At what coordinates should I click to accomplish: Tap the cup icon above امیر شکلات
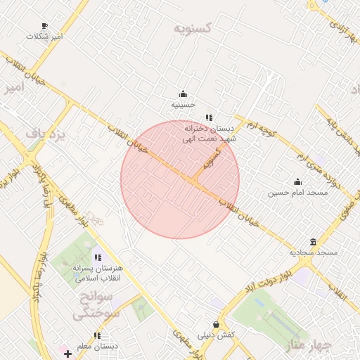click(x=45, y=26)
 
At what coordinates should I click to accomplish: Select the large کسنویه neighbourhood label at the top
click(x=193, y=30)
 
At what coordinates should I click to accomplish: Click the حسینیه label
click(x=184, y=105)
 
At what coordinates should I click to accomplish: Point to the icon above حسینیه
click(x=184, y=94)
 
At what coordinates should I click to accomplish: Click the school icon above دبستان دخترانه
click(x=208, y=117)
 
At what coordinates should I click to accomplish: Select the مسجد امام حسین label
click(x=297, y=192)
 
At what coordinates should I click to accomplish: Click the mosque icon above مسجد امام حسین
click(x=297, y=181)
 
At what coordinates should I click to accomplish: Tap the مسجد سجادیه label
click(x=313, y=252)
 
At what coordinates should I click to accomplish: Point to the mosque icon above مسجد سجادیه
click(x=313, y=242)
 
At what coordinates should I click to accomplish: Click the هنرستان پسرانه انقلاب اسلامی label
click(x=97, y=274)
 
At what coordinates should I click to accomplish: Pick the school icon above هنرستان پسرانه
click(x=97, y=258)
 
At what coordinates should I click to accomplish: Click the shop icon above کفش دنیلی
click(x=216, y=324)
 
